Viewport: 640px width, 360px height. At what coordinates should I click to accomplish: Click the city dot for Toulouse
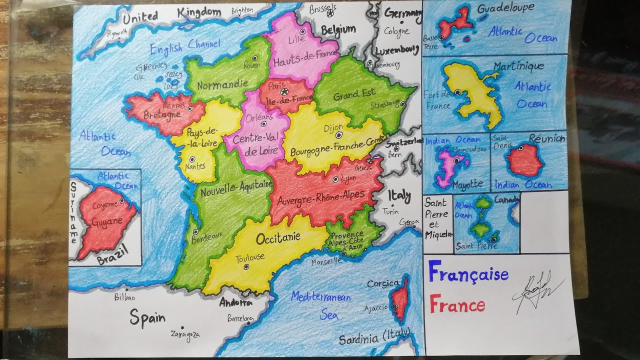click(246, 267)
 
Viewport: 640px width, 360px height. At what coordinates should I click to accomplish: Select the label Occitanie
click(278, 237)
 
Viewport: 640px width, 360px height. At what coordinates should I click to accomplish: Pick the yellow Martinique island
click(472, 95)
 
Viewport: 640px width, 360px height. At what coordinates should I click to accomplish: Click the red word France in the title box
click(457, 304)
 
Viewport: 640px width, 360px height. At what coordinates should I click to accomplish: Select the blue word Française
click(468, 273)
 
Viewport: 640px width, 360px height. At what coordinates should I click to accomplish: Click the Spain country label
click(147, 317)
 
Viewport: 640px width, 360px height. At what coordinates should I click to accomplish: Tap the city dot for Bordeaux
click(196, 232)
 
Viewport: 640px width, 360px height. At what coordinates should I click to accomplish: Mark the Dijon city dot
click(339, 135)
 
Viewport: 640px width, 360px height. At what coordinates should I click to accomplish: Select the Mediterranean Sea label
click(321, 304)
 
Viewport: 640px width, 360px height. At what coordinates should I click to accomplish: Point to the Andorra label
click(235, 302)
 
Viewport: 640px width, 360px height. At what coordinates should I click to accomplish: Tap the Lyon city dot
click(335, 179)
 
